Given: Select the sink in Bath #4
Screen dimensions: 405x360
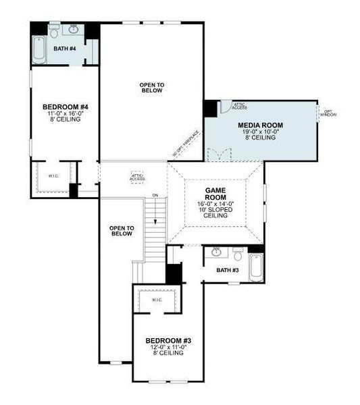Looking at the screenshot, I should (x=72, y=30).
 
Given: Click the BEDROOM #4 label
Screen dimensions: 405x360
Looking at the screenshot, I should (x=65, y=107).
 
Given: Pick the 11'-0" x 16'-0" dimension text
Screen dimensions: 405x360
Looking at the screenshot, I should (x=65, y=114).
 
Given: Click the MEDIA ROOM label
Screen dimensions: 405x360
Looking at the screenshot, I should (x=260, y=125).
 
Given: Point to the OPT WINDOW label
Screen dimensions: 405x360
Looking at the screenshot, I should (x=328, y=113).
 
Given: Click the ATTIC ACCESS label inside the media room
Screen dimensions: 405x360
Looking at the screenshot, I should (x=239, y=106).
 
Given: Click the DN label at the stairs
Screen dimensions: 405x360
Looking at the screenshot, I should (x=155, y=196).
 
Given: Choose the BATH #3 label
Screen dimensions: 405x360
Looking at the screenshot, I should (x=228, y=270).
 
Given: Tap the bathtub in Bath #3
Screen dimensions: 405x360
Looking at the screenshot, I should (x=257, y=269).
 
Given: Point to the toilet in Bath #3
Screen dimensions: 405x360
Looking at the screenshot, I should (x=238, y=254).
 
